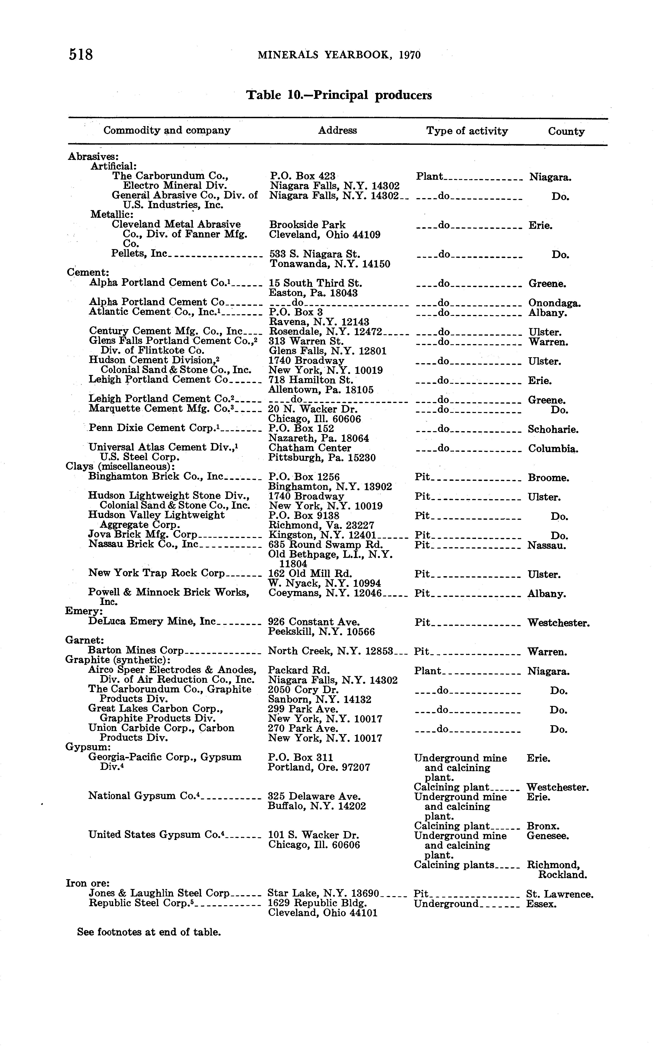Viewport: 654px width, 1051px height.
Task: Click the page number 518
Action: click(x=81, y=54)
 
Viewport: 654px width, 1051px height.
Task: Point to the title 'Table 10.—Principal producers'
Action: click(x=339, y=95)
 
